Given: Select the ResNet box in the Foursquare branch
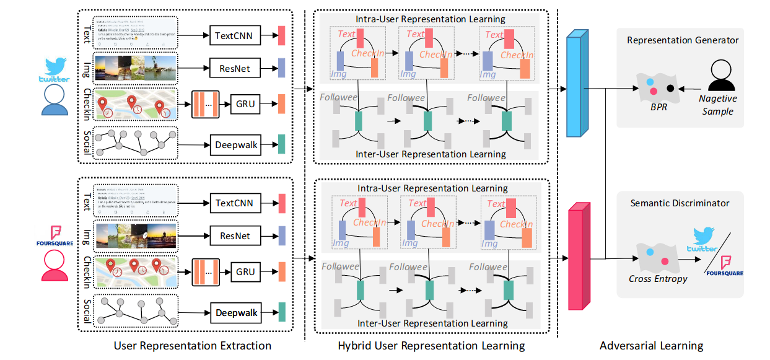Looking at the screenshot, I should tap(235, 235).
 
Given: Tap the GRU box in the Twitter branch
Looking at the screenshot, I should tap(245, 103).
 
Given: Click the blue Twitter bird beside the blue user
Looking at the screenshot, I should tap(56, 68).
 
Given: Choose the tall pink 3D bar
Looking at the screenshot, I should tap(578, 255).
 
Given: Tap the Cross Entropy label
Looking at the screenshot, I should tap(658, 279).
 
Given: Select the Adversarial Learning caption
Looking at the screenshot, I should tap(651, 346).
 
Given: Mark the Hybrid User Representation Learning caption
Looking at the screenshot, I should tap(431, 346).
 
